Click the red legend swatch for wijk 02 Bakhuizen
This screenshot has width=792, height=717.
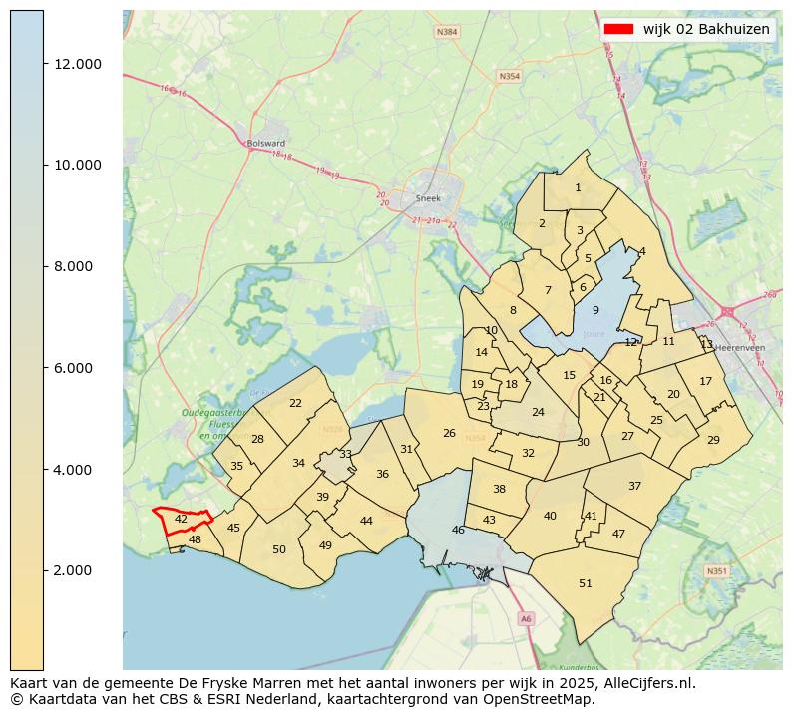tap(618, 29)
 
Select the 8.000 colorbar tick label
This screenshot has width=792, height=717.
tap(77, 266)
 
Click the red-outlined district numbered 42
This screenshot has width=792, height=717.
tap(182, 520)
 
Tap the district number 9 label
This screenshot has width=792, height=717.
tap(595, 311)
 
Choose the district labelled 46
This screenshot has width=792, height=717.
tap(458, 530)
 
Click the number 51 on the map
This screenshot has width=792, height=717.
tap(586, 583)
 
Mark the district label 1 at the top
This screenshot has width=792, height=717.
tap(578, 187)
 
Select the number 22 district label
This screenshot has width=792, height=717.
tap(295, 403)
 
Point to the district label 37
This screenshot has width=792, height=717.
tap(634, 486)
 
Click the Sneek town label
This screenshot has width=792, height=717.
tap(428, 199)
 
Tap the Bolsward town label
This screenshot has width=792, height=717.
tap(266, 144)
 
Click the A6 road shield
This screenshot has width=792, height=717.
tap(526, 619)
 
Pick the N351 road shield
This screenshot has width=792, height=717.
tap(715, 571)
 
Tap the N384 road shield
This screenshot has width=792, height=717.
tap(447, 32)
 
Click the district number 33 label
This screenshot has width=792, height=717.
tap(345, 454)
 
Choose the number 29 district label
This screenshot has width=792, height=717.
tap(713, 440)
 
